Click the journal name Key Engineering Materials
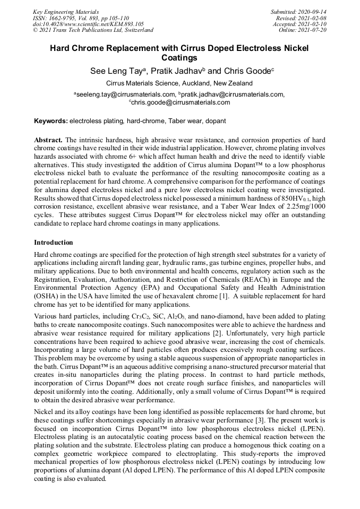pos(66,11)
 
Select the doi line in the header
pos(88,24)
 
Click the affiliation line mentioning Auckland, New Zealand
pos(179,83)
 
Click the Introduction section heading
pos(54,243)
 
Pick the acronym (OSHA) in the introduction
pos(46,295)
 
